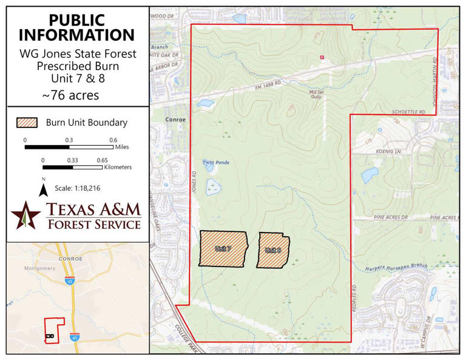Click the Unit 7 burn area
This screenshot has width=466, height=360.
tap(223, 248)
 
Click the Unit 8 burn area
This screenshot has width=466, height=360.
tap(272, 250)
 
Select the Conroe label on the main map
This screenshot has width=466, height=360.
tap(175, 120)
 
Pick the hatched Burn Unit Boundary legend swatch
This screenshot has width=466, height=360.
tap(28, 123)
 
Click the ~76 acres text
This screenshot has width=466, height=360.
tap(70, 95)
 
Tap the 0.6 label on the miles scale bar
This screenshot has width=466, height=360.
tap(113, 140)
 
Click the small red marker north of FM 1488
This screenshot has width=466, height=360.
tap(322, 58)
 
